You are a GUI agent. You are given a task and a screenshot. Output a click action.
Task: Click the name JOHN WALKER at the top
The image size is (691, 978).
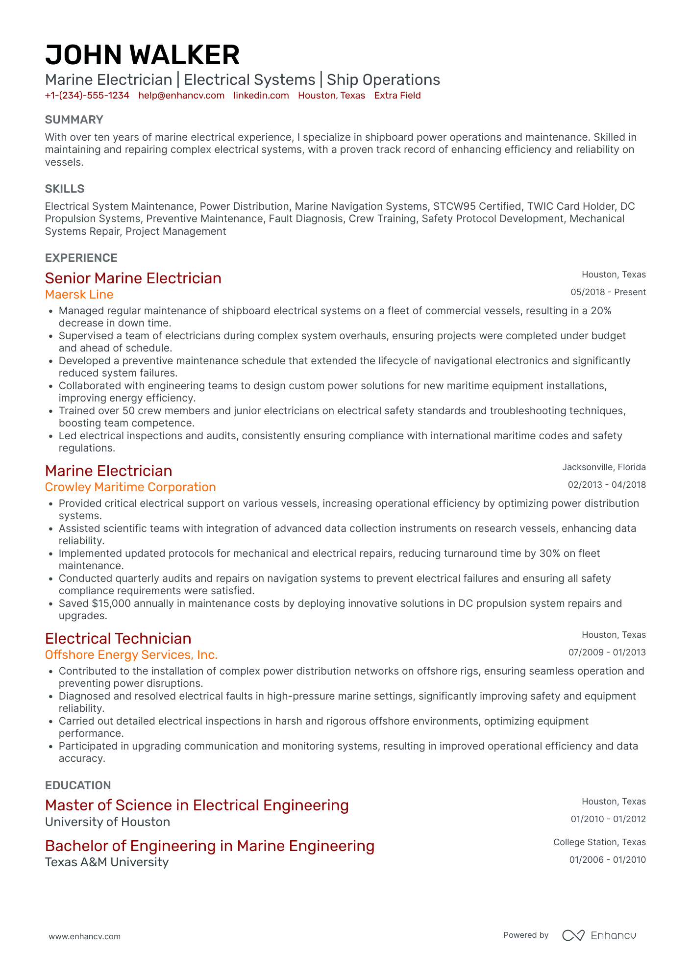142,54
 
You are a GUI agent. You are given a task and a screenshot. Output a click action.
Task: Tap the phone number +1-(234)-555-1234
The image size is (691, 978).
87,96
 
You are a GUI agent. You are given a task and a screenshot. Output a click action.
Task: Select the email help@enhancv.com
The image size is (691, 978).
181,96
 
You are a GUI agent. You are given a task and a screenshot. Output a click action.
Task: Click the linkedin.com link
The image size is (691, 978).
261,96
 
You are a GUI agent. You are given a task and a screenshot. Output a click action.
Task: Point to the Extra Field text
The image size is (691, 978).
397,96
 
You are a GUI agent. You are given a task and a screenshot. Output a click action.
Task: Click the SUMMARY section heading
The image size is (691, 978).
74,120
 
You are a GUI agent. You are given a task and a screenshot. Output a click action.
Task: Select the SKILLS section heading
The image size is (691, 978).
65,189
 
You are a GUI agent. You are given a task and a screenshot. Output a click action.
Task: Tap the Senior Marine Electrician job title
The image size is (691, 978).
133,278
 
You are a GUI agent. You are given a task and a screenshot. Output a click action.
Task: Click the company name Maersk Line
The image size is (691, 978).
79,295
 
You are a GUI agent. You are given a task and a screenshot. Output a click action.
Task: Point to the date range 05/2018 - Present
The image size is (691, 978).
608,292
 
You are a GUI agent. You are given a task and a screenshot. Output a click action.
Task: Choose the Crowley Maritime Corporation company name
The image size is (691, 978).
130,487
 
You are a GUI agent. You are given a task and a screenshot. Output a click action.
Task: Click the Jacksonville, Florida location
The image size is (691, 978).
604,467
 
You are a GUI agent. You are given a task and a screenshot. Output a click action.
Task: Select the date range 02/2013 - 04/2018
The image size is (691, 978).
607,485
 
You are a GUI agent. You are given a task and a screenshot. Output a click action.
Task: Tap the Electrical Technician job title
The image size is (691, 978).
118,638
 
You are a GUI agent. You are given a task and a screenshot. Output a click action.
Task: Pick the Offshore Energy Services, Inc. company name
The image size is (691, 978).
131,655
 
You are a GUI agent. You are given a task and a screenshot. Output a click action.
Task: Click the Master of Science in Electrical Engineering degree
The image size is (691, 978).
197,805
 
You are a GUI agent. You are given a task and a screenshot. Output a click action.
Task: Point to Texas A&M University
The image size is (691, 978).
107,862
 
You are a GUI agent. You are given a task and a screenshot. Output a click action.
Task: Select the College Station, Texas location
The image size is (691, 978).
599,842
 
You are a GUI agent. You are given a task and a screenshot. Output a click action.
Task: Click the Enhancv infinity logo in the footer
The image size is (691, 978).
573,935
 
